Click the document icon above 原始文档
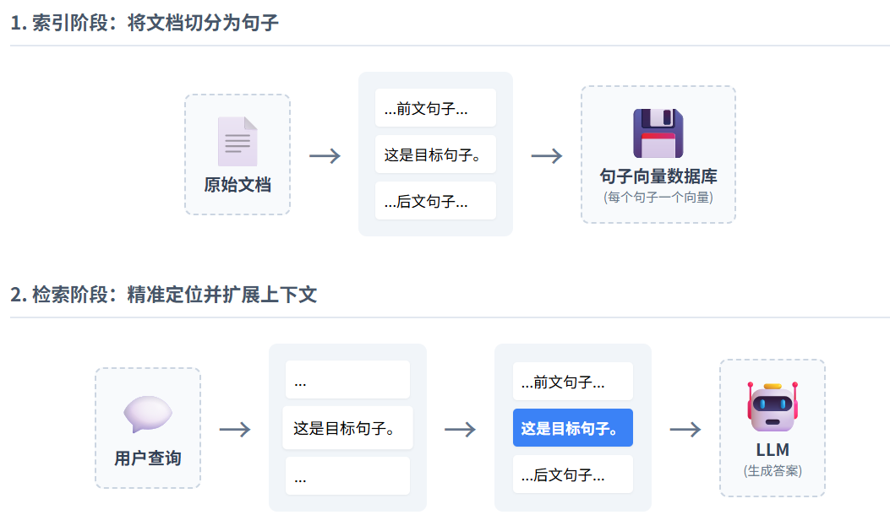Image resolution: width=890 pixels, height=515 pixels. pyautogui.click(x=238, y=141)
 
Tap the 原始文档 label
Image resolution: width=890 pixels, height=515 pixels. pyautogui.click(x=238, y=184)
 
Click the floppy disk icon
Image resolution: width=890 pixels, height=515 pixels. pyautogui.click(x=658, y=133)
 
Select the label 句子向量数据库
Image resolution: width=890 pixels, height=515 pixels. pyautogui.click(x=658, y=176)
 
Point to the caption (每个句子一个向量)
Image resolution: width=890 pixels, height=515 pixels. pyautogui.click(x=658, y=198)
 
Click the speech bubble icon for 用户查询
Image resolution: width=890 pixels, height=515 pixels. pyautogui.click(x=148, y=414)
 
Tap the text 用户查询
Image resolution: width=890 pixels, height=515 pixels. pyautogui.click(x=148, y=458)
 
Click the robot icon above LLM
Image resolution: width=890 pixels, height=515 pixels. pyautogui.click(x=772, y=406)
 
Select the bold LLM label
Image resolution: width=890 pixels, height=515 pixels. pyautogui.click(x=772, y=450)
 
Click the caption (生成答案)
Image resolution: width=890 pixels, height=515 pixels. pyautogui.click(x=772, y=471)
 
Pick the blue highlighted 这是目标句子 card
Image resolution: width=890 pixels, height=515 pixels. pyautogui.click(x=572, y=428)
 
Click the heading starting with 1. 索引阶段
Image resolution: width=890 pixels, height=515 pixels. pyautogui.click(x=145, y=23)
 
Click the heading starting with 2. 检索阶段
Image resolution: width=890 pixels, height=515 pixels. pyautogui.click(x=163, y=295)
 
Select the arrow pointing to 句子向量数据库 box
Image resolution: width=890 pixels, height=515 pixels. pyautogui.click(x=546, y=155)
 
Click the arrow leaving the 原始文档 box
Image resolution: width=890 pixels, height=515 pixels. pyautogui.click(x=325, y=155)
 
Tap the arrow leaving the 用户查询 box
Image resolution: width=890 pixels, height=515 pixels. pyautogui.click(x=235, y=429)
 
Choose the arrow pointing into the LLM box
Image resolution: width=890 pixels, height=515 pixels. pyautogui.click(x=685, y=429)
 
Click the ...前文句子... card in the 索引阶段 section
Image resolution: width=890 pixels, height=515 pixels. pyautogui.click(x=435, y=108)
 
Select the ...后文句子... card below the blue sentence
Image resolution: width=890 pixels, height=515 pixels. pyautogui.click(x=572, y=474)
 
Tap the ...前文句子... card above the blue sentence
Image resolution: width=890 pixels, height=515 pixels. pyautogui.click(x=572, y=382)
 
